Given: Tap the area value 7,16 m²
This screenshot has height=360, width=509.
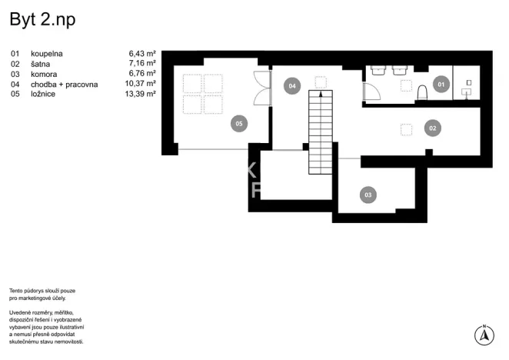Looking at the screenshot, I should [x=143, y=64].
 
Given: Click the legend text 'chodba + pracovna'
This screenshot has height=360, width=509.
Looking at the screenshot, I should [x=65, y=84].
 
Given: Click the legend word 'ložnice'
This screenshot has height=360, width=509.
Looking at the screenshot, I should [x=44, y=94].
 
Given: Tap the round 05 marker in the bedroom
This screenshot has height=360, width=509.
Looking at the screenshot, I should [x=239, y=122].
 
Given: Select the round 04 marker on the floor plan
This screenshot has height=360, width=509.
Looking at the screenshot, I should [x=291, y=86].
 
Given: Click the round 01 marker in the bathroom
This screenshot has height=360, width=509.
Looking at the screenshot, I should [x=441, y=84].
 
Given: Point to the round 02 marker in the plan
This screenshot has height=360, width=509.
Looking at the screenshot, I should [x=433, y=128].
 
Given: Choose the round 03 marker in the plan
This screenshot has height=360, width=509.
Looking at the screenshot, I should [x=368, y=195].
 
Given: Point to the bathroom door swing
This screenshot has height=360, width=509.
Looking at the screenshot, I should [x=372, y=93].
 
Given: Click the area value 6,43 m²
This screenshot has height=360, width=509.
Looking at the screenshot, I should [x=143, y=54].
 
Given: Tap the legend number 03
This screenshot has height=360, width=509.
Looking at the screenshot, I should [x=15, y=74].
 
